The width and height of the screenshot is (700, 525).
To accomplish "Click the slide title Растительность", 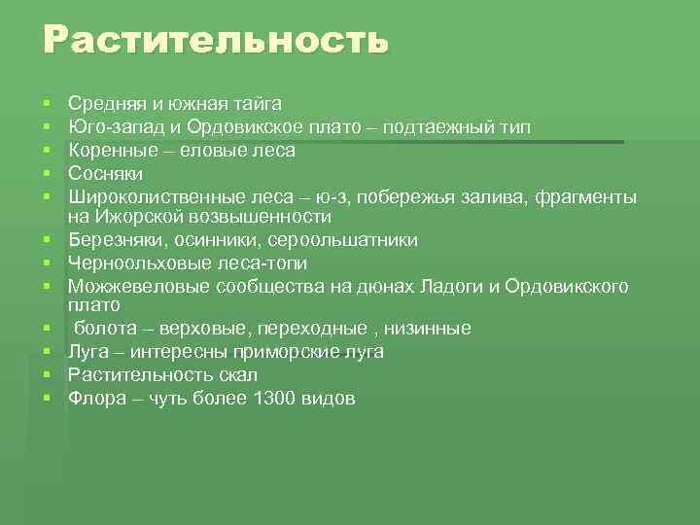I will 215,41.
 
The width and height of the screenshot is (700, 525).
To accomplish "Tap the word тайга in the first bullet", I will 257,102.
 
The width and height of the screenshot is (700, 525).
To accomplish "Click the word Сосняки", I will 106,173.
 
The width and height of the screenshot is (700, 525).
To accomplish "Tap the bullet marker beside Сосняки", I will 47,173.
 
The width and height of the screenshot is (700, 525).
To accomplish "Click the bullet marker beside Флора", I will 47,398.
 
